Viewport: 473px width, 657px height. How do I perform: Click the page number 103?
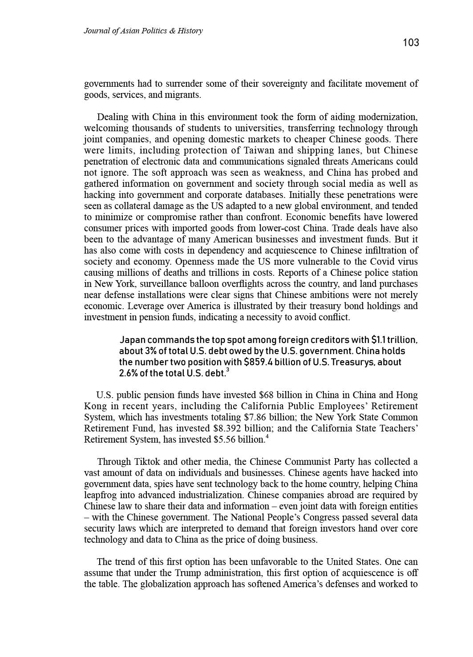(411, 43)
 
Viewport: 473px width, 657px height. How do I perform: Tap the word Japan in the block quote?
(133, 340)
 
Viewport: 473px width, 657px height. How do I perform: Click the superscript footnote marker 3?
(228, 370)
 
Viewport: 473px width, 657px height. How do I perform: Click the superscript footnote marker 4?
(267, 437)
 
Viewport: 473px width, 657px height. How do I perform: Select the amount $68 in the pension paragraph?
(266, 395)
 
